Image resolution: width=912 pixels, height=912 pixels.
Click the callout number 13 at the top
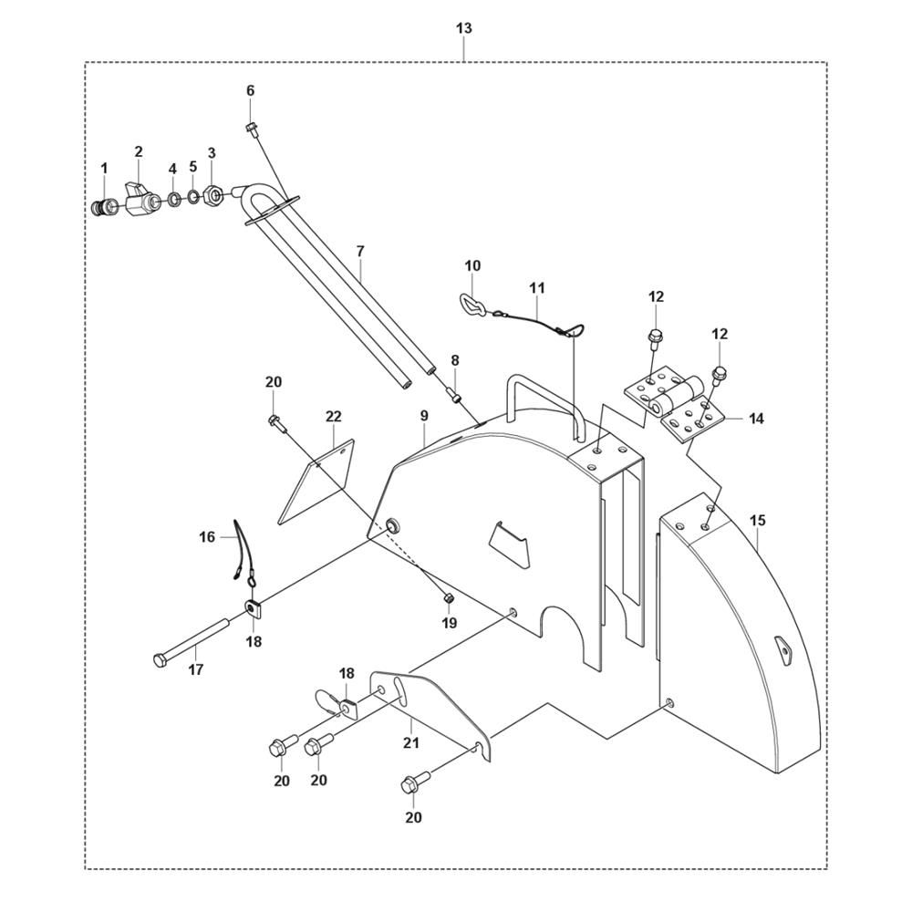(464, 28)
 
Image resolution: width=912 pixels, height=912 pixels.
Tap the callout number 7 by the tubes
(360, 250)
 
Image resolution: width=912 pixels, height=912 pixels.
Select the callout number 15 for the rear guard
(758, 521)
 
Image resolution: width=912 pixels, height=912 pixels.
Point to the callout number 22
(334, 416)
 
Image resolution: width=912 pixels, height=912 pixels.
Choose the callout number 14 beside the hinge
(757, 420)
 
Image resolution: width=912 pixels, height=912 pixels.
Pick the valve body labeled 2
(138, 198)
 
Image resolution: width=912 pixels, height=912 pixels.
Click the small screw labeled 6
(251, 128)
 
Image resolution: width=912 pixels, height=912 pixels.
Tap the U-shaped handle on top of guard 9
(538, 401)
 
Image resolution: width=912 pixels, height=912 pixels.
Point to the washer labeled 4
(172, 199)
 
